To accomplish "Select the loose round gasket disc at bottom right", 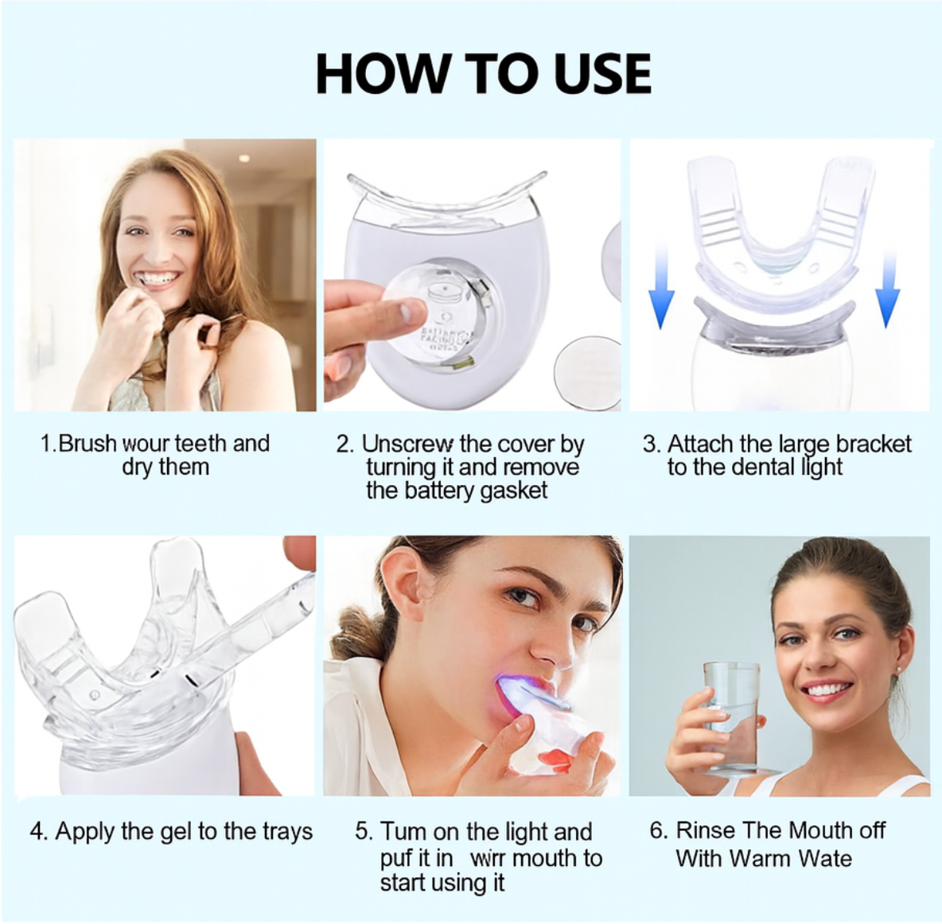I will pyautogui.click(x=589, y=372).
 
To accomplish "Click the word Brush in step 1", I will pyautogui.click(x=88, y=443).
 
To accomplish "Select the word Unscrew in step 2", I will pyautogui.click(x=402, y=444).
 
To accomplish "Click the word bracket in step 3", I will pyautogui.click(x=873, y=444).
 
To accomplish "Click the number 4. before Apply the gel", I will pyautogui.click(x=39, y=832).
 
